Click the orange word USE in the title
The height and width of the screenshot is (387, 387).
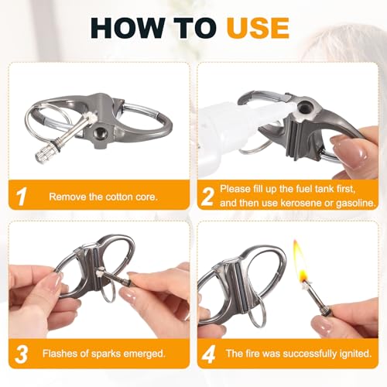pyautogui.click(x=258, y=28)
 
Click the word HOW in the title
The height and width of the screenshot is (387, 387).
pyautogui.click(x=127, y=28)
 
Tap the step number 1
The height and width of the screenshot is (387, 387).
pyautogui.click(x=22, y=197)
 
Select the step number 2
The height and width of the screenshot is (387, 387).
pyautogui.click(x=208, y=197)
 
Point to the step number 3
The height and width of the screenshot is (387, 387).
pyautogui.click(x=22, y=354)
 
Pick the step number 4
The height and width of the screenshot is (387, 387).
pyautogui.click(x=208, y=354)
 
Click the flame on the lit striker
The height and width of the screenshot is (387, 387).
pyautogui.click(x=301, y=261)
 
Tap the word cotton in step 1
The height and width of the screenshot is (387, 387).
pyautogui.click(x=115, y=197)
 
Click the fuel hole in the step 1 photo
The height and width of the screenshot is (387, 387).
pyautogui.click(x=99, y=133)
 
